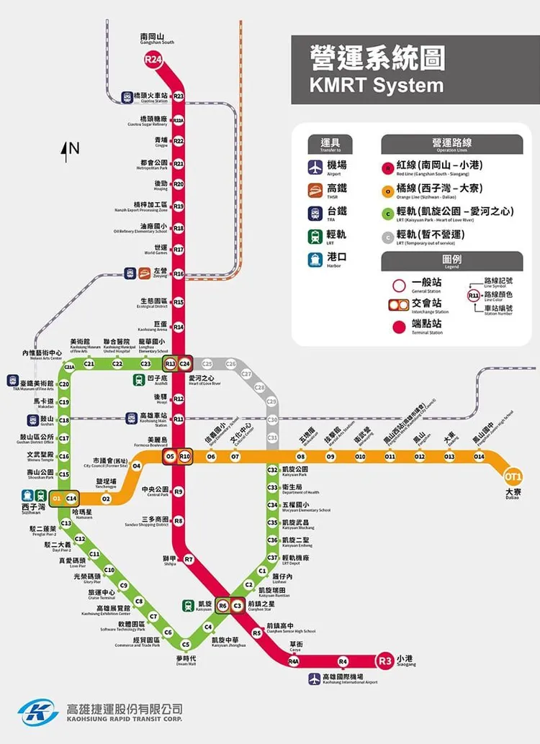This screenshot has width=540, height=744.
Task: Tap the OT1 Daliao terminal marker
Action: pos(513,476)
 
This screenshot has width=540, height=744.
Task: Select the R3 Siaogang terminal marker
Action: pos(385,660)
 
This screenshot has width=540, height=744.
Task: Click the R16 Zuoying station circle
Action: pos(179,273)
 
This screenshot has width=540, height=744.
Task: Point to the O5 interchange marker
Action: pos(171,456)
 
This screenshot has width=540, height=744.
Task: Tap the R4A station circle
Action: pos(293,661)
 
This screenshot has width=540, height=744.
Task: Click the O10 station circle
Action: pos(360,456)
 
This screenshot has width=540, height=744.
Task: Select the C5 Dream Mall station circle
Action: pos(186,644)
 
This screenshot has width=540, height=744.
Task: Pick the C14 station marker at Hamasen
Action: pos(71,498)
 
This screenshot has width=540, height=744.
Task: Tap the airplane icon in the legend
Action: pos(315,166)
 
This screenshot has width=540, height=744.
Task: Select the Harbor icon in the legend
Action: pos(315,258)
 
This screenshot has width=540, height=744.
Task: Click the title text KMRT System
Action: pos(376,84)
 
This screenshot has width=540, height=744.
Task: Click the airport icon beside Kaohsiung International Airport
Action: pos(315,678)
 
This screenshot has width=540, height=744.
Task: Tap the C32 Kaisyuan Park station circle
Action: pos(272,470)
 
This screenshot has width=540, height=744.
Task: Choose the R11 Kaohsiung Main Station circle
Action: pos(179,418)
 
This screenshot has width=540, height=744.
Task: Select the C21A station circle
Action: pos(70,367)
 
